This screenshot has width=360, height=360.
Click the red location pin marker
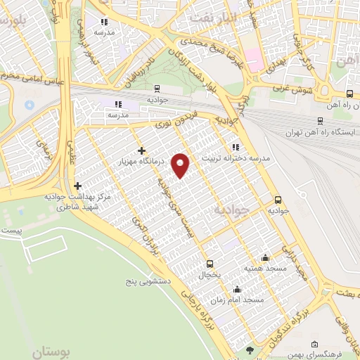(182, 165)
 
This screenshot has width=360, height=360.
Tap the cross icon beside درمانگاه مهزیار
(142, 150)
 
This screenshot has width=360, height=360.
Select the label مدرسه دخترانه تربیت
(236, 158)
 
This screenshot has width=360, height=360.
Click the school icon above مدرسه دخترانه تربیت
(236, 147)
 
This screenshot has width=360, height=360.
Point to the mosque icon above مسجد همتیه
(264, 257)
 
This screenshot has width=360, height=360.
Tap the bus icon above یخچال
(210, 264)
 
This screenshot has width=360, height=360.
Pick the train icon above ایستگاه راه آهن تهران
(321, 120)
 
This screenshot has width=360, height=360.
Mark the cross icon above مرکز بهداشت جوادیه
(77, 186)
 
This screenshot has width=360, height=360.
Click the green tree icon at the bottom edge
(249, 349)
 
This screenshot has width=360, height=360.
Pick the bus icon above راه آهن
(350, 94)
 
